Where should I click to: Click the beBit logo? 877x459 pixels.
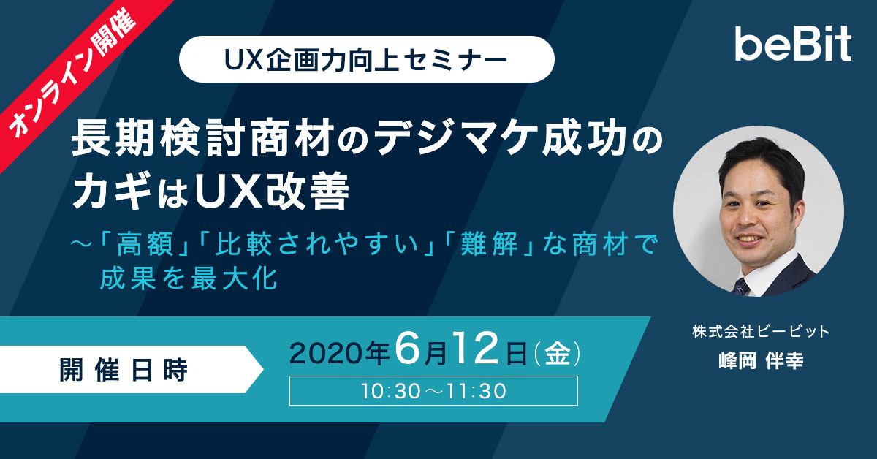tap(793, 43)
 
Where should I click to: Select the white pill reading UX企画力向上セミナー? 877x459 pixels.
tap(366, 59)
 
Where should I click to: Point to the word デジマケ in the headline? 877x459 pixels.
tap(456, 138)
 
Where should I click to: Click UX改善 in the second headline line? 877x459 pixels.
tap(271, 191)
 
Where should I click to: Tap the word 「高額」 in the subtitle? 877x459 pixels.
tap(144, 244)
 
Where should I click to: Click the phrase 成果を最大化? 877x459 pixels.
tap(189, 278)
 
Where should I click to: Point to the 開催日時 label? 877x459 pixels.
tap(124, 370)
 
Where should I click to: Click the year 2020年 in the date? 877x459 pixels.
tap(339, 353)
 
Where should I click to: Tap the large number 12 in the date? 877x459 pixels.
tap(476, 348)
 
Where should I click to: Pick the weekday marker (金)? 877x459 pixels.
tap(558, 353)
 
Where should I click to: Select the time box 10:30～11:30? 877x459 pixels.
tap(433, 391)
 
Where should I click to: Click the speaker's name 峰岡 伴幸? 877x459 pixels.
tap(761, 361)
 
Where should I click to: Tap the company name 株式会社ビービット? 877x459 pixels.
tap(761, 332)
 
